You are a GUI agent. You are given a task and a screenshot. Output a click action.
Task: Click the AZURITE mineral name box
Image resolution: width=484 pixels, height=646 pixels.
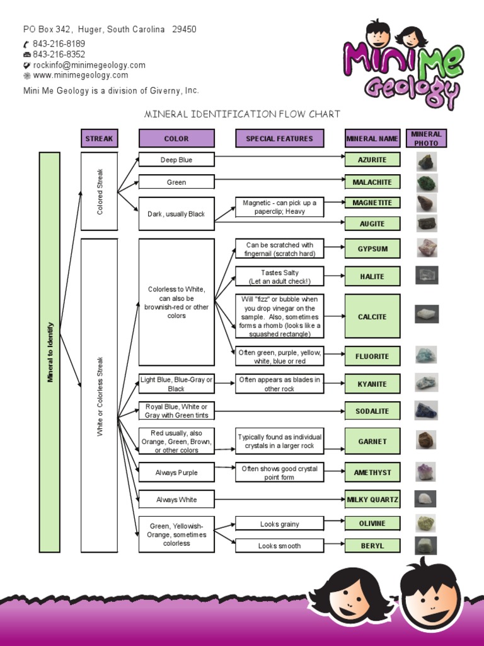(372, 160)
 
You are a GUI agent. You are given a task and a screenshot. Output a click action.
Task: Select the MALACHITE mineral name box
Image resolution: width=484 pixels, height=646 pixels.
(372, 182)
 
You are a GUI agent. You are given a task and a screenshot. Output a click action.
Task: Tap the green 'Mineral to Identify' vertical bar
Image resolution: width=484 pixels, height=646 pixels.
(50, 352)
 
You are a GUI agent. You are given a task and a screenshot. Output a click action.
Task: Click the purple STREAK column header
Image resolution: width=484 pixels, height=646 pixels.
(99, 138)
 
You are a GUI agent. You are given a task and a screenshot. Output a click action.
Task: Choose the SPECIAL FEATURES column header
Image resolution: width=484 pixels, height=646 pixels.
(279, 138)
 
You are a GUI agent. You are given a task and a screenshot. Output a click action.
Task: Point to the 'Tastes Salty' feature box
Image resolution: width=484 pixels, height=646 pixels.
(279, 276)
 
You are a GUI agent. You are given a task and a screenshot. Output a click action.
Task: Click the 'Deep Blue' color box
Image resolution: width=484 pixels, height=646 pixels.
(176, 160)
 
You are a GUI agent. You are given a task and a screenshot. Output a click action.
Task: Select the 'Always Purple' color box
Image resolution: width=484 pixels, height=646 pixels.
(176, 473)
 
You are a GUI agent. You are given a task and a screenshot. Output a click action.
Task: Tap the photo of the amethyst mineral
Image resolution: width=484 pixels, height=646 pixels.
(426, 472)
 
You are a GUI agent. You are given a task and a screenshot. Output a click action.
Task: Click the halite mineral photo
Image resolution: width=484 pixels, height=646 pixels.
(427, 276)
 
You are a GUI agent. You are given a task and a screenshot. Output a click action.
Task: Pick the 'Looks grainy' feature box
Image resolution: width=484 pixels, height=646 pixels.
(279, 524)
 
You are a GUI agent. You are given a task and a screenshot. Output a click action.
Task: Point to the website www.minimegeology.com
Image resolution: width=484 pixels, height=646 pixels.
(80, 75)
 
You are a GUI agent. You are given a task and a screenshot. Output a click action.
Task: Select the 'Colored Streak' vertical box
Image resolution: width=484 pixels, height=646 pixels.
(99, 191)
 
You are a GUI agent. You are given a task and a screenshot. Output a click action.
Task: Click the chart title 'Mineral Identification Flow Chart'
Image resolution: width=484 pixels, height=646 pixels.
(243, 114)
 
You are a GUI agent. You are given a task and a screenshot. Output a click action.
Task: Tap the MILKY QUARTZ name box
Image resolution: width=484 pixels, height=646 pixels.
(372, 500)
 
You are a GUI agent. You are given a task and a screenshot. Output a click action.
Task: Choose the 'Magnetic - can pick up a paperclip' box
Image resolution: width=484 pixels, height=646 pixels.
(279, 207)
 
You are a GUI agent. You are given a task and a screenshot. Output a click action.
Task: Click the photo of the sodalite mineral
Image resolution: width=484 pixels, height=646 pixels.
(426, 411)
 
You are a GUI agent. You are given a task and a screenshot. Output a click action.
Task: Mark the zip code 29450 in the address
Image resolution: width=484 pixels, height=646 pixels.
(184, 29)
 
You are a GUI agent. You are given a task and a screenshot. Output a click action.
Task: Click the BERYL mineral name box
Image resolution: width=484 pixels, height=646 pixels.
(372, 546)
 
